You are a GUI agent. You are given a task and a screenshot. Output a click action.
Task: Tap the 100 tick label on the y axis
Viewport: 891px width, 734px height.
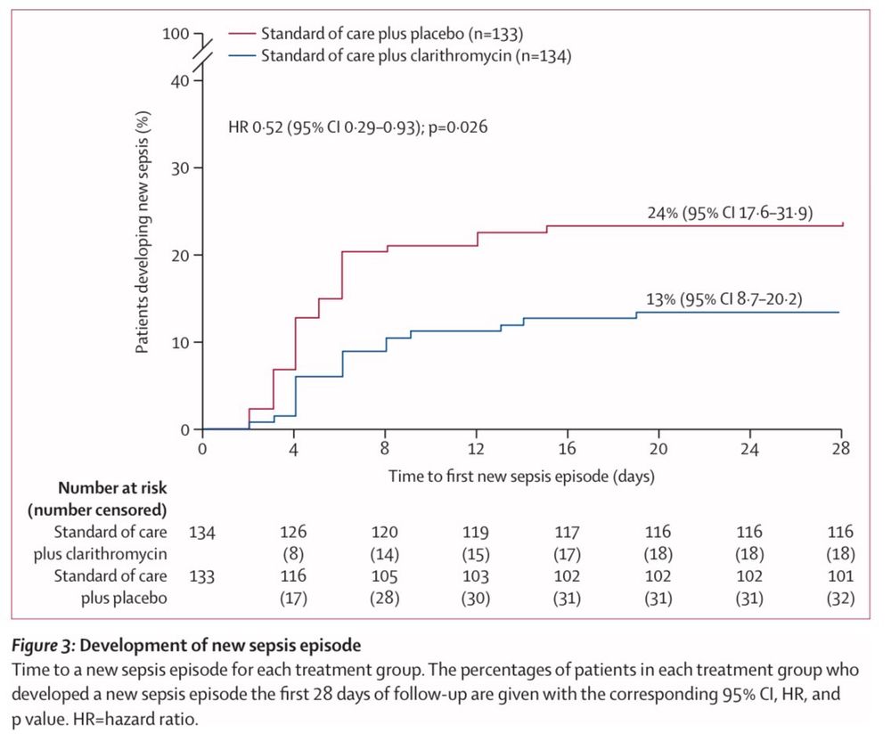[x=176, y=35]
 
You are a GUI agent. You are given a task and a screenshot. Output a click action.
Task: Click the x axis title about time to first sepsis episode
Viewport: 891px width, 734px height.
[x=521, y=477]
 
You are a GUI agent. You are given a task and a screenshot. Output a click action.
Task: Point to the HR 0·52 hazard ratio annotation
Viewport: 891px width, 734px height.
[x=357, y=127]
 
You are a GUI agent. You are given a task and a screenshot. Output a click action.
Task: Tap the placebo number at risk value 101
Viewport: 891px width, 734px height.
[x=840, y=576]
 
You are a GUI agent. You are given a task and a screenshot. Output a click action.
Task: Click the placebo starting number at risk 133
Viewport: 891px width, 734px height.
[x=202, y=576]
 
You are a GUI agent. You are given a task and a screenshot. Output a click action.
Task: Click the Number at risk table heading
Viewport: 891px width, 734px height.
[x=112, y=488]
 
